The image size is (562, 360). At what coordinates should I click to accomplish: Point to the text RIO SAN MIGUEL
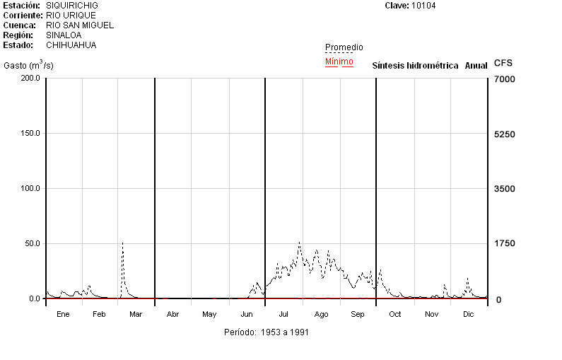(84, 25)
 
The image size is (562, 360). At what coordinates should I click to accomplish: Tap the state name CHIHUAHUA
(76, 45)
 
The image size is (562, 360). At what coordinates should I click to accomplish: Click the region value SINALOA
(64, 35)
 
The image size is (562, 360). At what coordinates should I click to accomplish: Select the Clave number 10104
(423, 6)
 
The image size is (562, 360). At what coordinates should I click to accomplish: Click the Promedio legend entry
(344, 47)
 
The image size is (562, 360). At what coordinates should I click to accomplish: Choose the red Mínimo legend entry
(339, 62)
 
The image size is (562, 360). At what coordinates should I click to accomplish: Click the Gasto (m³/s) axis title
(28, 66)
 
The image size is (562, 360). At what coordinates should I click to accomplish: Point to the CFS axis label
(503, 64)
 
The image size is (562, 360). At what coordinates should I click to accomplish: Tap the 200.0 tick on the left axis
(30, 78)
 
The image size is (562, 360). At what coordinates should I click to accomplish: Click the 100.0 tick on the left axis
(30, 188)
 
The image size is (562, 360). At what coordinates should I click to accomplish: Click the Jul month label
(283, 314)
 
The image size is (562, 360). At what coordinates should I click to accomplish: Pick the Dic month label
(468, 314)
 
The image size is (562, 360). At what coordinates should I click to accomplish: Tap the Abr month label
(172, 314)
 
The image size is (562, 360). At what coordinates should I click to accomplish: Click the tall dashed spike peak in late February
(122, 243)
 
